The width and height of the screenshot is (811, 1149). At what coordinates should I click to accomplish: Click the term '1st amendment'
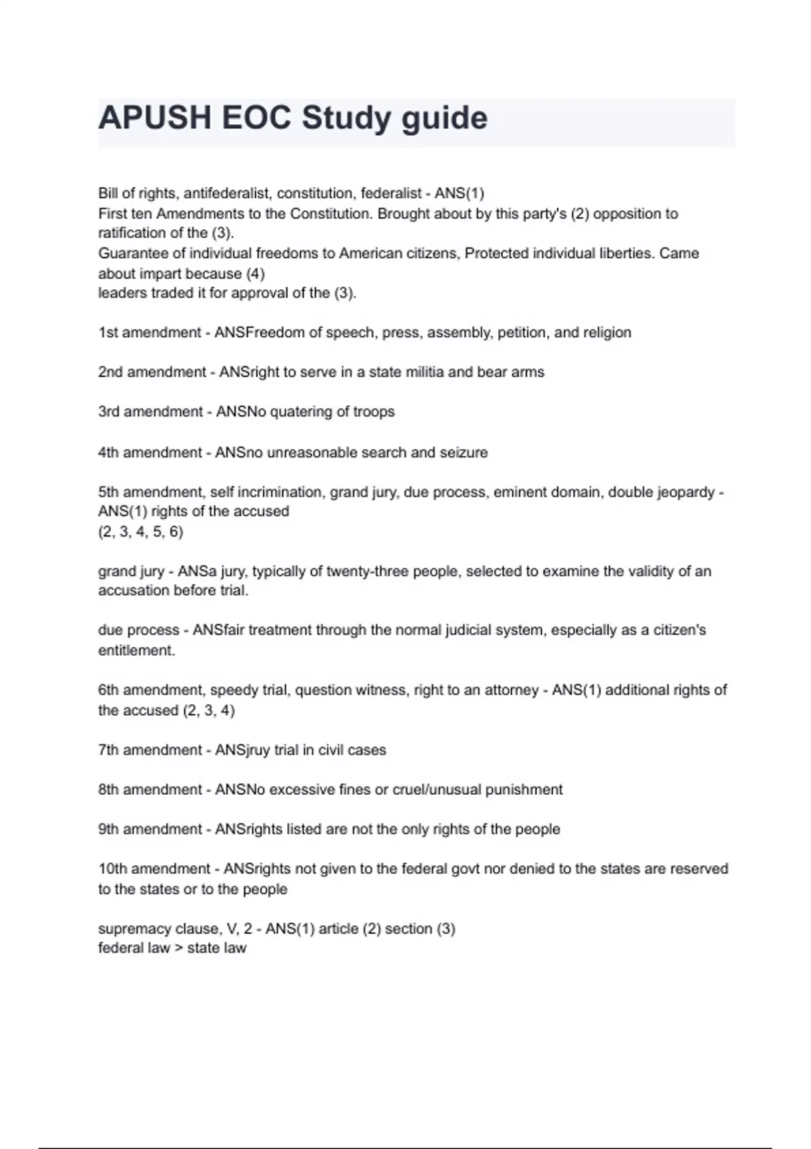tap(149, 333)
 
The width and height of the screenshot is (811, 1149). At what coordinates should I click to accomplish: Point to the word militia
tap(424, 372)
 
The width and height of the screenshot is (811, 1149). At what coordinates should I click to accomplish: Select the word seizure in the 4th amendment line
tap(464, 452)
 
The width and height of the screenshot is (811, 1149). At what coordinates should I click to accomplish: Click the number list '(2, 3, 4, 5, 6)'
tap(141, 531)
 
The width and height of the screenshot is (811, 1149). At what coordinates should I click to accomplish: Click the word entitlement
tap(136, 650)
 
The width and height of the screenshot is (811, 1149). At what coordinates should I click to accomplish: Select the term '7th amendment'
tap(150, 750)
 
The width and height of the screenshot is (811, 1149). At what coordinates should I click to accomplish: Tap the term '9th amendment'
tap(150, 829)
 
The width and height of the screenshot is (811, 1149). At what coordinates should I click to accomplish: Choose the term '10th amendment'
tap(154, 869)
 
